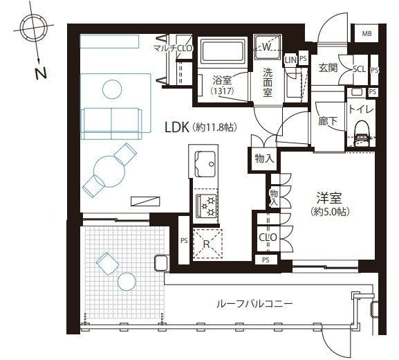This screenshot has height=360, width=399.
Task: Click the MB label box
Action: tap(366, 33)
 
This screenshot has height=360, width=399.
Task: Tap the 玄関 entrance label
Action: tap(328, 68)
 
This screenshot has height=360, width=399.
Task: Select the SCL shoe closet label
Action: tap(359, 69)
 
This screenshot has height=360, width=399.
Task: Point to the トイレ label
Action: tap(361, 109)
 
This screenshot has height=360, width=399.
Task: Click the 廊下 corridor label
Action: tap(328, 120)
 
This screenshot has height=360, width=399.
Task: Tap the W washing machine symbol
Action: tap(267, 46)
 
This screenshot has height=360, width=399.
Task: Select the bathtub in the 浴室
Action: tap(223, 51)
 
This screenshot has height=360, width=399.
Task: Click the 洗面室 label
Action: tap(268, 82)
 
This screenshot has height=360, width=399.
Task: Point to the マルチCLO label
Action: tap(173, 48)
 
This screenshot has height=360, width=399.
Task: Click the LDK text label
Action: tap(177, 127)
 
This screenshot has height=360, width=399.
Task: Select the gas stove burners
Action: tap(206, 206)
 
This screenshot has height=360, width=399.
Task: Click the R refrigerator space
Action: tap(207, 244)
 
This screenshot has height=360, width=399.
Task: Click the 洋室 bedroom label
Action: tap(329, 198)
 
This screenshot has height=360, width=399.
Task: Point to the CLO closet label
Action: tap(268, 237)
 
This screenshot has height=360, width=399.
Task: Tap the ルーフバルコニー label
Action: tap(254, 304)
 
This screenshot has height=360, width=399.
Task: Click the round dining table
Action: tap(109, 172)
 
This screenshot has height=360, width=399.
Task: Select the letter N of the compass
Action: tap(41, 73)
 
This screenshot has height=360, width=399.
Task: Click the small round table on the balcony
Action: tap(127, 282)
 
